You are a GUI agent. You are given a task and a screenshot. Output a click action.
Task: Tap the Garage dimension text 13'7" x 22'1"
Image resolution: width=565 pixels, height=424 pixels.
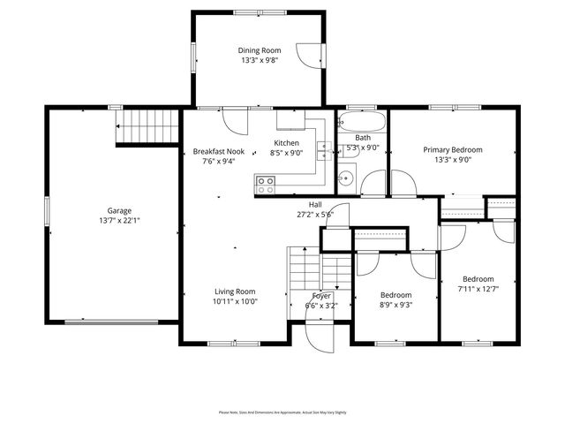coord(119,221)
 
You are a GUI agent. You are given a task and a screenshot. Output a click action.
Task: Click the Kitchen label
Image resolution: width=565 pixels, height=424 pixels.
coord(287,143)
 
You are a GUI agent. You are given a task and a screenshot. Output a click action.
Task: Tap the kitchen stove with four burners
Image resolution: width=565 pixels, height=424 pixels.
coord(265,185)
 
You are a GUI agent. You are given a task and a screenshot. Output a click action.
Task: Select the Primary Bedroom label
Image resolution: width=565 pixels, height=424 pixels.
coord(453,150)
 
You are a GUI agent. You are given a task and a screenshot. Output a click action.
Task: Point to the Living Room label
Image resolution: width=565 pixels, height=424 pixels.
coord(235,291)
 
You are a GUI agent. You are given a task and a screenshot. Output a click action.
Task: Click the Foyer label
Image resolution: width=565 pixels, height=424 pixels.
coord(321,296)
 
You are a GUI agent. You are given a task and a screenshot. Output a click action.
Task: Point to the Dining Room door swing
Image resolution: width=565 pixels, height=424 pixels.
coord(311,55)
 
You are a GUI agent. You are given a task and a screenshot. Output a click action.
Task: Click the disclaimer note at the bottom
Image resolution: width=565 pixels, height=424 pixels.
coord(282,412)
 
